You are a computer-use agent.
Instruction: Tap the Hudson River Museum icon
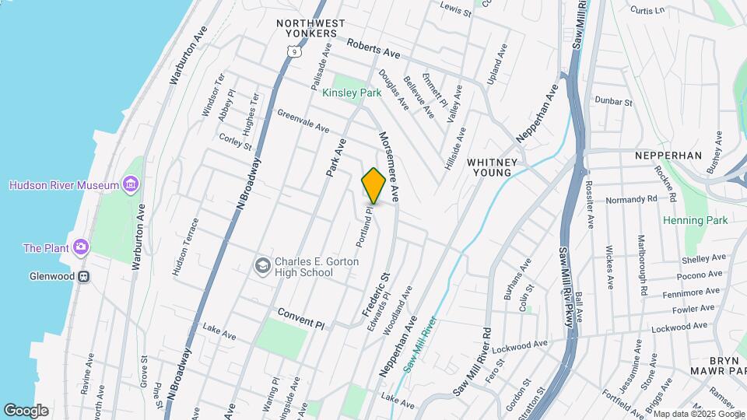tap(132, 185)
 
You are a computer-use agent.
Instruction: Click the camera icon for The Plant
tap(80, 248)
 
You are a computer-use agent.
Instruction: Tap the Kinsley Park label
tap(352, 93)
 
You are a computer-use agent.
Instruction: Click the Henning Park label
tap(695, 220)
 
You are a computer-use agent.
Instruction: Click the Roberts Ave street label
tap(373, 49)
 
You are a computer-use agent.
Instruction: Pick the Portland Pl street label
tap(365, 226)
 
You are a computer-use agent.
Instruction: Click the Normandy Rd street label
tap(631, 199)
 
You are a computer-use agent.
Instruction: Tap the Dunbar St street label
tap(614, 101)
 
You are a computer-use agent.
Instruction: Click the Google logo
tap(26, 410)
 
